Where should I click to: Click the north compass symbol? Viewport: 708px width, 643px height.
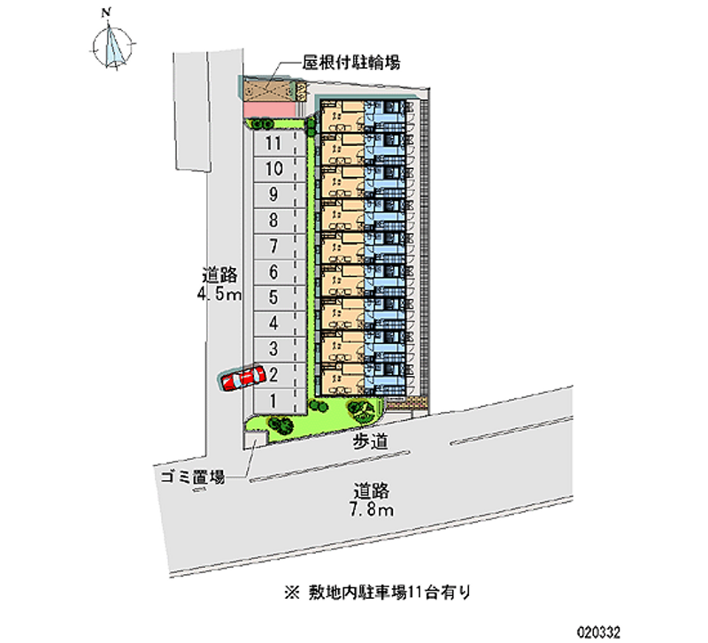click(112, 46)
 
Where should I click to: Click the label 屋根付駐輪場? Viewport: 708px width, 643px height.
click(352, 62)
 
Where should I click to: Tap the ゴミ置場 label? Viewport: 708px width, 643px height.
click(191, 477)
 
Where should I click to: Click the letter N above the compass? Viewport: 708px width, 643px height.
click(106, 11)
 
